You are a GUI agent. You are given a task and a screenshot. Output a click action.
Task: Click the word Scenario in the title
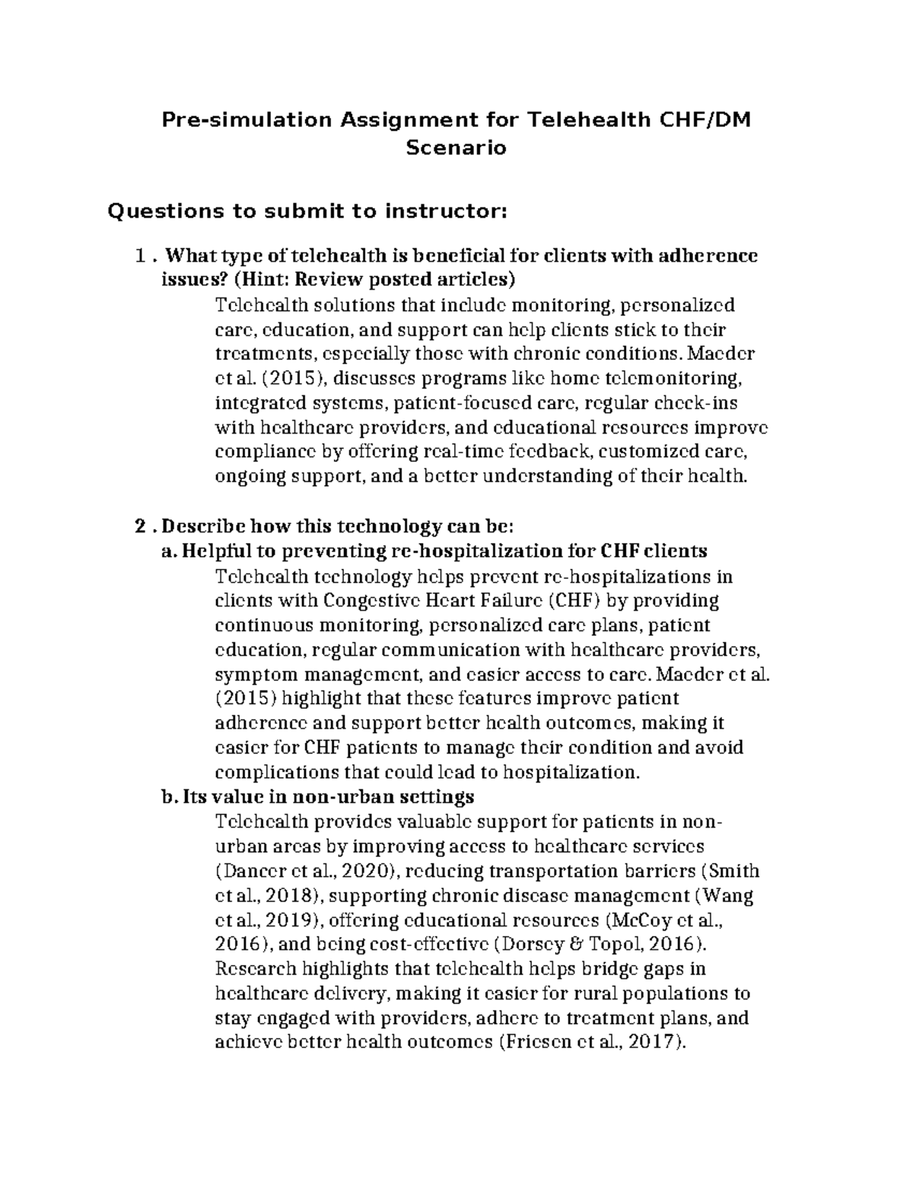pyautogui.click(x=456, y=148)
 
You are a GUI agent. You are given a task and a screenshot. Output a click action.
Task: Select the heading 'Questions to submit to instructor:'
pyautogui.click(x=307, y=211)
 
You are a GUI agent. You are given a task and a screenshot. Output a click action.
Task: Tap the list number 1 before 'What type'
pyautogui.click(x=139, y=256)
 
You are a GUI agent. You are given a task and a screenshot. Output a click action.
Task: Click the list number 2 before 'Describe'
pyautogui.click(x=139, y=526)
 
